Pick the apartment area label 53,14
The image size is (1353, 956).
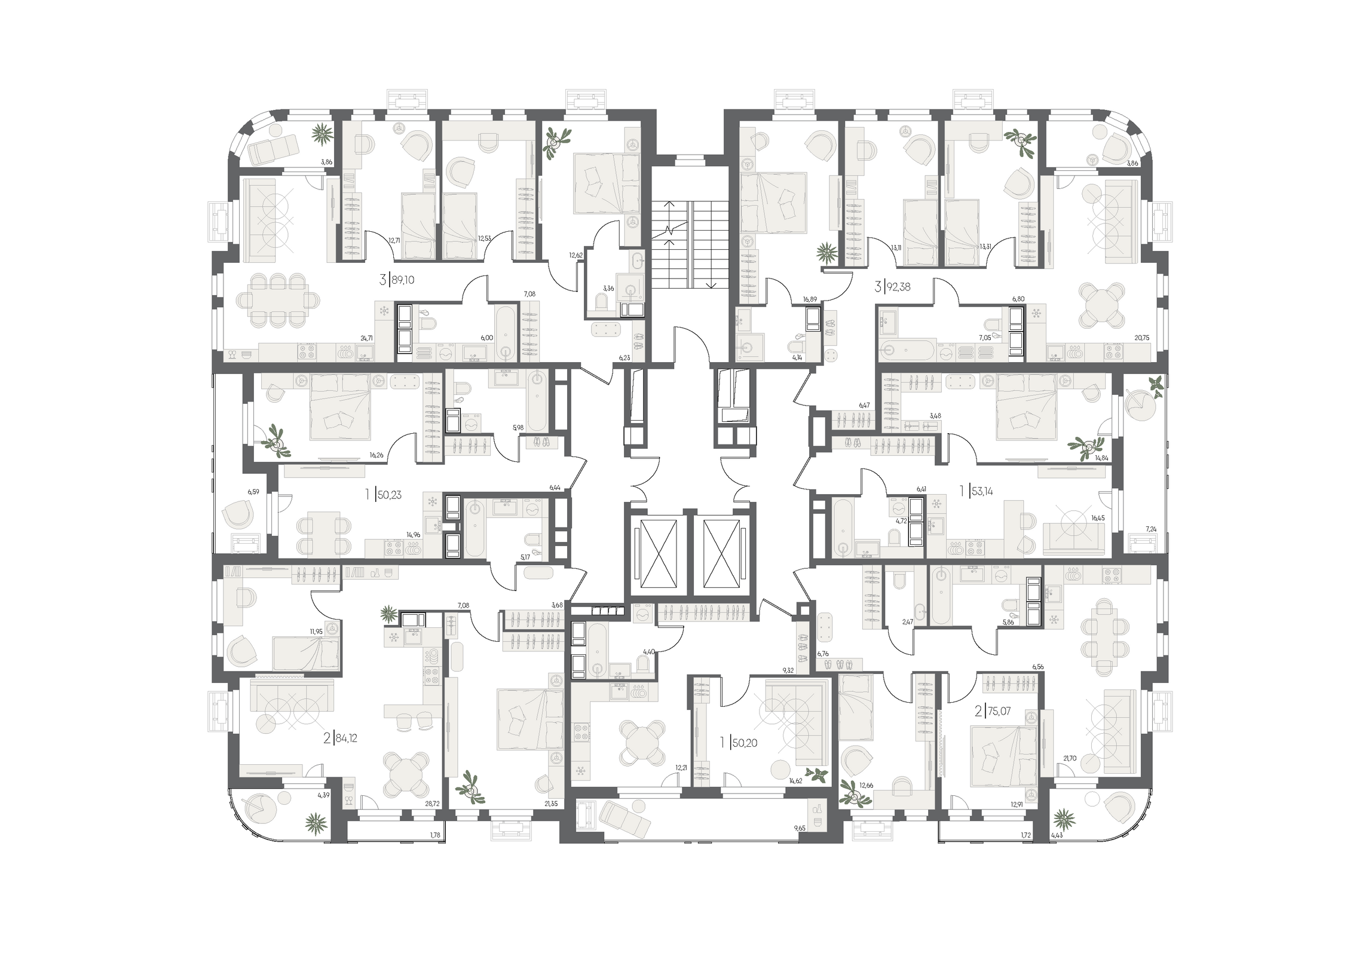pyautogui.click(x=981, y=492)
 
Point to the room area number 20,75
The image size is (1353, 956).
pyautogui.click(x=1141, y=338)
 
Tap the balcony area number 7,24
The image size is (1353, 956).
pyautogui.click(x=1150, y=529)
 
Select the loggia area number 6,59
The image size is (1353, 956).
pyautogui.click(x=254, y=492)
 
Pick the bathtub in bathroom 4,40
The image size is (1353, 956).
pyautogui.click(x=598, y=652)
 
